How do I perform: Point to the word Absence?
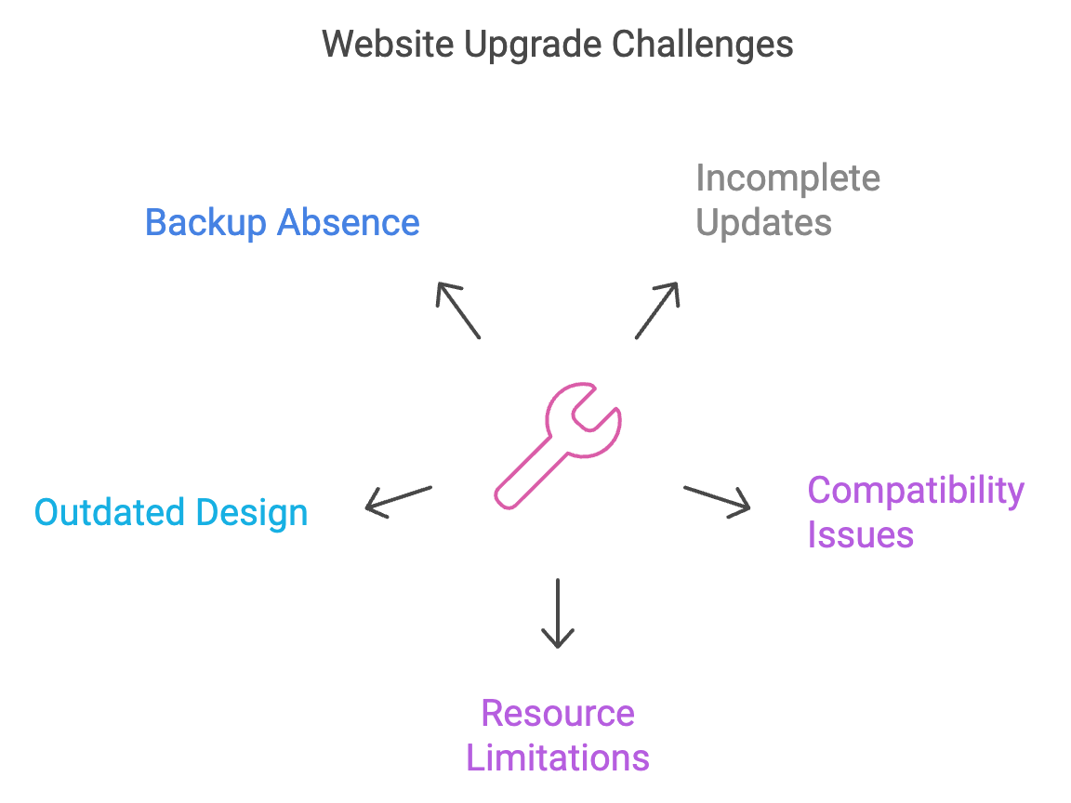(x=349, y=223)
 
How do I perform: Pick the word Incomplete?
(x=787, y=178)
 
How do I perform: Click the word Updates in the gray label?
(x=763, y=223)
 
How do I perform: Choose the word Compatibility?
(x=916, y=490)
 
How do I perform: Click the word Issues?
(x=860, y=535)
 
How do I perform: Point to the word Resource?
(x=558, y=713)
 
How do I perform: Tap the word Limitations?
(x=558, y=757)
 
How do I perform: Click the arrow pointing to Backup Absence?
(x=457, y=309)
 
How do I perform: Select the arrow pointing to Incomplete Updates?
(x=658, y=309)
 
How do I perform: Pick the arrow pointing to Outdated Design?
(x=398, y=499)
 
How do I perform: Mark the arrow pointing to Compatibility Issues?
(x=717, y=499)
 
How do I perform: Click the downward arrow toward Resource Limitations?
(x=558, y=612)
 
